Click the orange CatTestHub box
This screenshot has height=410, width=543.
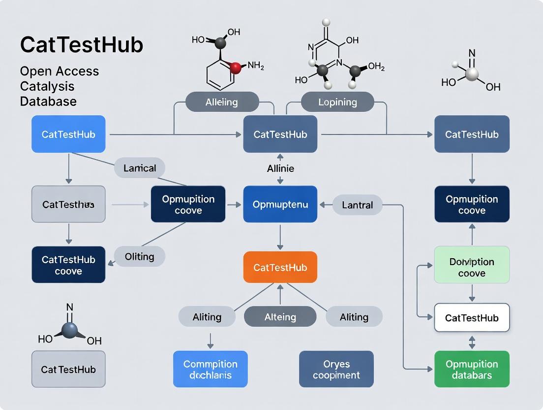[x=280, y=267]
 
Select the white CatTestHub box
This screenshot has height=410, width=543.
[x=472, y=318]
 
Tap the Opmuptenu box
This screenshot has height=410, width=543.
[x=280, y=204]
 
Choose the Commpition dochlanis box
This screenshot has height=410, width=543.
[x=210, y=369]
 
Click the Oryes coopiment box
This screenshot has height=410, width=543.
[x=336, y=369]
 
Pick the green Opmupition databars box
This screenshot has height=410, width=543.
[x=472, y=369]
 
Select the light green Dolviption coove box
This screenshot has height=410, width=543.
[x=472, y=267]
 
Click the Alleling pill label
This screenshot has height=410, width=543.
[x=222, y=102]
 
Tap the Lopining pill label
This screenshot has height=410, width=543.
[x=337, y=102]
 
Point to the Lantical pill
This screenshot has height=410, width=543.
[x=140, y=168]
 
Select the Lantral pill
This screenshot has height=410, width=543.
[x=358, y=205]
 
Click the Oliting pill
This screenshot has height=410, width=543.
[x=140, y=256]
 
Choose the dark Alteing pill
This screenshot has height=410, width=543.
[x=280, y=317]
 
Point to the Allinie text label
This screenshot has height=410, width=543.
[x=280, y=169]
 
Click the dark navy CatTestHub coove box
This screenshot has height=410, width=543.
[x=68, y=265]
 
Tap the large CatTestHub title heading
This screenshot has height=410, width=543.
[x=82, y=45]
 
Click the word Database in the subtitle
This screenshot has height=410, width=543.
[x=48, y=102]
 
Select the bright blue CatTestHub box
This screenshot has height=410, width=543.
[x=68, y=134]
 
